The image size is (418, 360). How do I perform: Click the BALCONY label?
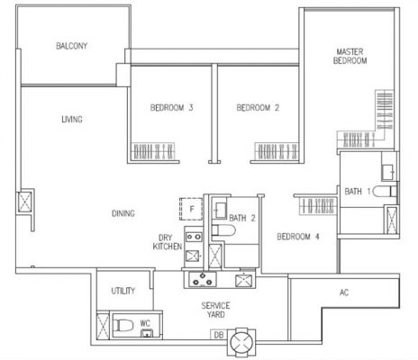[x=70, y=46]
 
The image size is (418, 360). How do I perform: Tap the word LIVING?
[x=73, y=120]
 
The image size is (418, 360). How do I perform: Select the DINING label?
[x=123, y=213]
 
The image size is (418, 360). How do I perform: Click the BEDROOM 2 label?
[x=258, y=109]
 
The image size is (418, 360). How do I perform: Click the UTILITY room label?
[x=123, y=292]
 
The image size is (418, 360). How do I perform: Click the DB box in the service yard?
[x=218, y=336]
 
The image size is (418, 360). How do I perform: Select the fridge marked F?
[x=190, y=209]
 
